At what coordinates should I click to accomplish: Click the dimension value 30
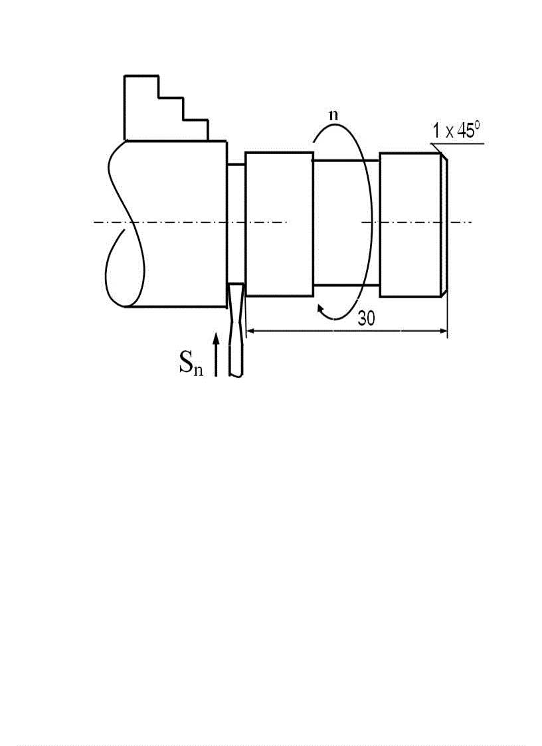click(x=367, y=318)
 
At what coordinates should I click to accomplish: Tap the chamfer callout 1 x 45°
click(x=456, y=130)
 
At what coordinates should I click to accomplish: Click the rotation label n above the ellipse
click(x=334, y=115)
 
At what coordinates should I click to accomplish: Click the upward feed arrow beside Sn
click(x=216, y=355)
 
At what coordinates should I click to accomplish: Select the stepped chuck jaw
click(x=166, y=108)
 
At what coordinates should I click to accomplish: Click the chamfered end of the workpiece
click(x=444, y=224)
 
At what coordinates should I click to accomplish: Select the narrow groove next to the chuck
click(x=236, y=224)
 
